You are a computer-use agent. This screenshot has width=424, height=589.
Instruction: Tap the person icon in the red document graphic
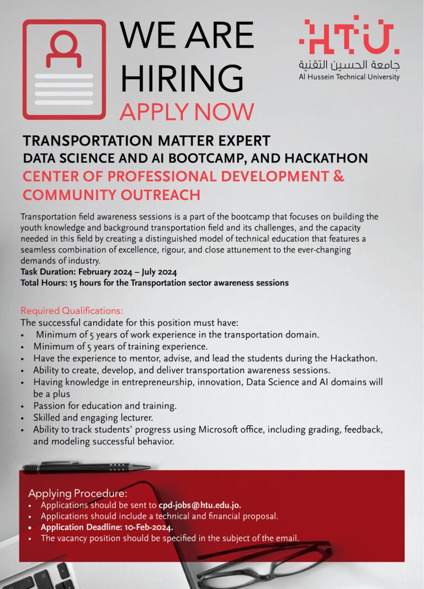[x=63, y=49]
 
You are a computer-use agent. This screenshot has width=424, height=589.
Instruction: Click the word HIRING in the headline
[x=182, y=78]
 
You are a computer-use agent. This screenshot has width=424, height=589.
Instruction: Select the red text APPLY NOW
[x=187, y=112]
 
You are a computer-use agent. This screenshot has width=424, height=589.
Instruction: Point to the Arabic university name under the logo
[x=349, y=65]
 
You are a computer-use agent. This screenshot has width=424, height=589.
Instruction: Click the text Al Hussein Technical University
[x=349, y=77]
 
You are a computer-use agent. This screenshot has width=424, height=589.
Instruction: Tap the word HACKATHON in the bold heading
[x=326, y=159]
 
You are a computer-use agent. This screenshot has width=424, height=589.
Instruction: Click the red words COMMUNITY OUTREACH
[x=111, y=194]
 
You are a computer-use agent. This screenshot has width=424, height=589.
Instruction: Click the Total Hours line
[x=155, y=282]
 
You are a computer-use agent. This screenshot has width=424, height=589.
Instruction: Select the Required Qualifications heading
[x=72, y=310]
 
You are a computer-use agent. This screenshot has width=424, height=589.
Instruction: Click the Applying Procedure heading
[x=78, y=493]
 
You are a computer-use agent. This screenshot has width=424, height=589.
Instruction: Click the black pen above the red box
[x=86, y=467]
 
